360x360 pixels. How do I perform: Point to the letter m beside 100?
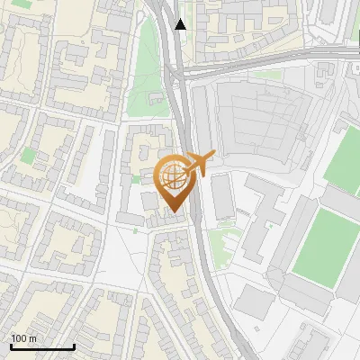tap(31, 338)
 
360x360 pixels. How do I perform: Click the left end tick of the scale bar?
tap(11, 346)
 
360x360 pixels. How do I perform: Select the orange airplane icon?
tap(199, 163)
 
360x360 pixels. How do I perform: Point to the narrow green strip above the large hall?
tap(265, 75)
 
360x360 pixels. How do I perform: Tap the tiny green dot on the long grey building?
tap(134, 179)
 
